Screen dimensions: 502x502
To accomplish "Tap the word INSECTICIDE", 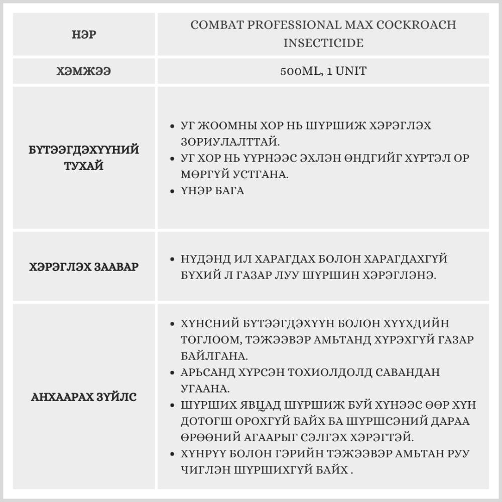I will (323, 43).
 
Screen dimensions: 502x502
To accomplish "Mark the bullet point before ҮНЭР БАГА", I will (172, 191).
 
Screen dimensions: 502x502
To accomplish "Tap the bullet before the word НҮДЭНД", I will (172, 260).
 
